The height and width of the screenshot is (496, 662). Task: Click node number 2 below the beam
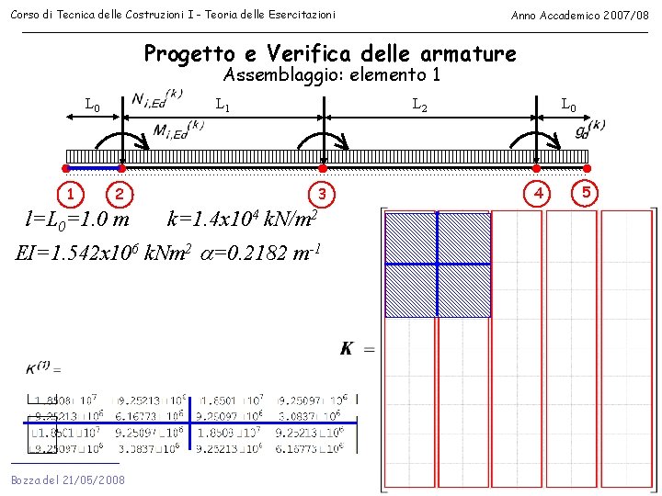(120, 194)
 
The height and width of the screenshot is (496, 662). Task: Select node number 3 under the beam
(322, 194)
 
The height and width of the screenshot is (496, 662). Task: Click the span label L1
(223, 106)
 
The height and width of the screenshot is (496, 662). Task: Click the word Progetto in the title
(189, 53)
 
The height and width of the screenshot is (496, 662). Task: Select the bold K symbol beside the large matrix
(348, 348)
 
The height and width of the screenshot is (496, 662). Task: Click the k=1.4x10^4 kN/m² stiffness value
(243, 220)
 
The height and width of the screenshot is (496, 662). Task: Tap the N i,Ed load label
(158, 97)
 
